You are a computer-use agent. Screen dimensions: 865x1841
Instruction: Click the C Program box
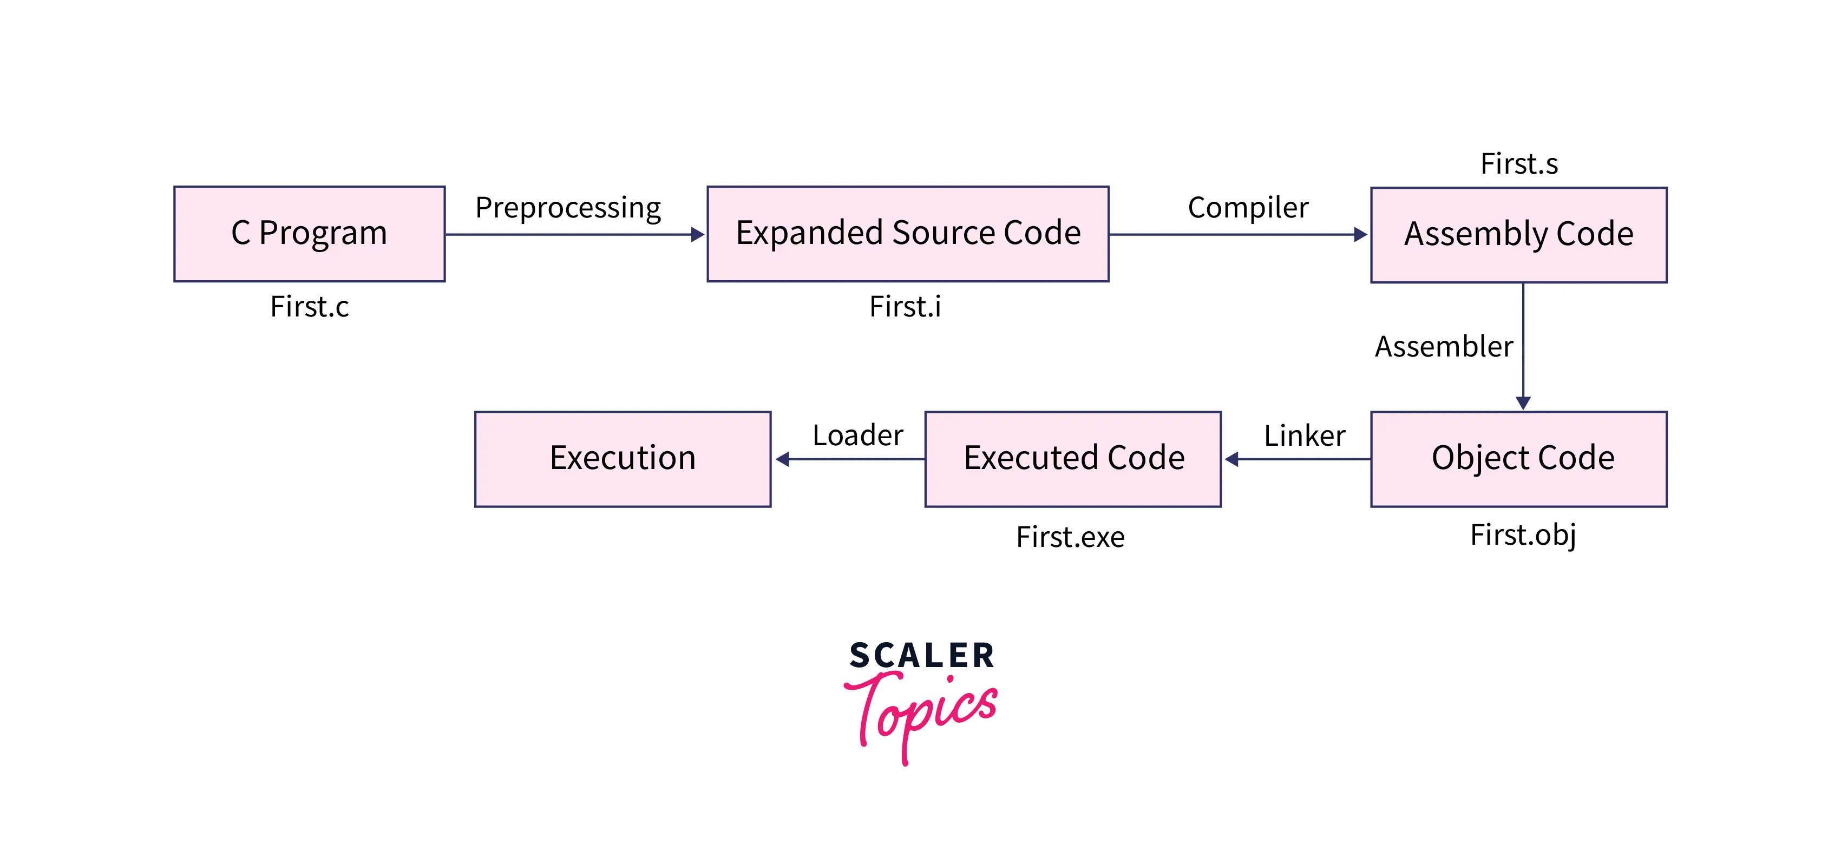point(310,234)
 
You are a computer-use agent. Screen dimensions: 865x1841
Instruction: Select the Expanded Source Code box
point(908,234)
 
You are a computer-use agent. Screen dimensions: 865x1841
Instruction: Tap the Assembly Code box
point(1519,235)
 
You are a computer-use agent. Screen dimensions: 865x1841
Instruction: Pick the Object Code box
point(1519,459)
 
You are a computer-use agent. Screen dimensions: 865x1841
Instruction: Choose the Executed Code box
point(1073,459)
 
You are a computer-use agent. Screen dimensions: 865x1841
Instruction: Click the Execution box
point(623,459)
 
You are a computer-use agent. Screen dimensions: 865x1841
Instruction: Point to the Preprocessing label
point(568,208)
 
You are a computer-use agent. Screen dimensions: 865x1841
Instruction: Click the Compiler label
point(1248,208)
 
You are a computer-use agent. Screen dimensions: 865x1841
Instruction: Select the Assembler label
point(1444,346)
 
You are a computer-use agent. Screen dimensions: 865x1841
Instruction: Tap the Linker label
point(1304,435)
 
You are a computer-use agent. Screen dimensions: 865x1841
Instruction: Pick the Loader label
point(857,435)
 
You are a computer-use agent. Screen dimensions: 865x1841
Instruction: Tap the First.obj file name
point(1523,535)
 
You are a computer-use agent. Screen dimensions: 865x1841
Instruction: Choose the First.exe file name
point(1070,537)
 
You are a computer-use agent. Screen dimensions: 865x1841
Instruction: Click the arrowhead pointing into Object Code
point(1523,403)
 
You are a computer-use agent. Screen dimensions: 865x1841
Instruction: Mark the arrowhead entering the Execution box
point(783,459)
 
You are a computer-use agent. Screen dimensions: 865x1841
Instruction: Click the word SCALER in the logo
point(921,656)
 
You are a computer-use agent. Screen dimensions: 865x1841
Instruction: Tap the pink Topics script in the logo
point(921,711)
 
